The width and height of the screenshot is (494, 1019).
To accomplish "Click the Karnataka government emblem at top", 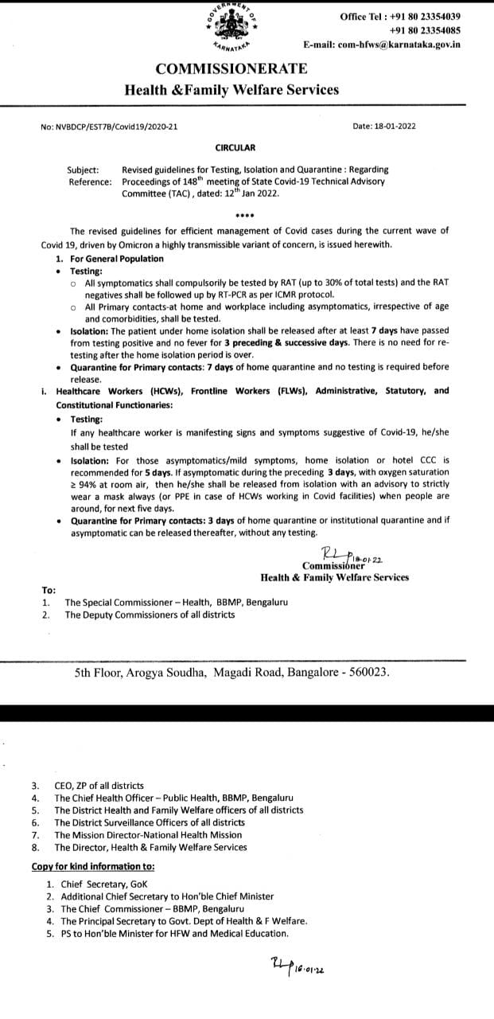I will click(x=231, y=29).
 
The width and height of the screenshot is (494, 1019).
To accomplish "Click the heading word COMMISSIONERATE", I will click(x=231, y=72).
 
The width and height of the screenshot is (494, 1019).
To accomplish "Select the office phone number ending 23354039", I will click(x=411, y=16).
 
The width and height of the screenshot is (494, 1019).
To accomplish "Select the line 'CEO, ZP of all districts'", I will click(x=99, y=786).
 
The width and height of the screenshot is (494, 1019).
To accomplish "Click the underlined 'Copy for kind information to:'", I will click(x=93, y=866).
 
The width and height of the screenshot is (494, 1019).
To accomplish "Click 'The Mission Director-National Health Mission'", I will click(x=148, y=835).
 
